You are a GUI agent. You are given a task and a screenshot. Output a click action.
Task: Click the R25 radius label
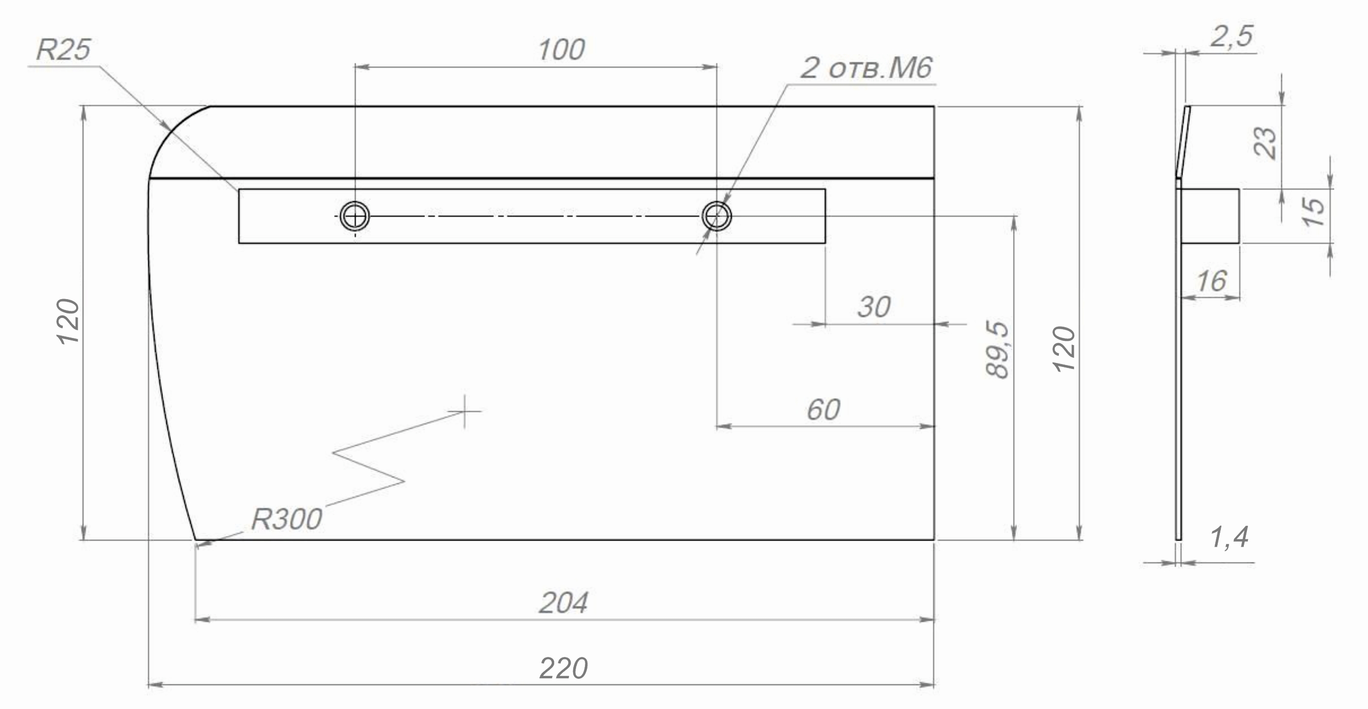point(63,50)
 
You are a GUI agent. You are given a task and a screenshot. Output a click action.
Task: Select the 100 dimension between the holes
point(561,50)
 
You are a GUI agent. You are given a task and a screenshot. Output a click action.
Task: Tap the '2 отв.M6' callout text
point(866,68)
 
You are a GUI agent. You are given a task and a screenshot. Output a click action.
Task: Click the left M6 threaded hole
point(355,216)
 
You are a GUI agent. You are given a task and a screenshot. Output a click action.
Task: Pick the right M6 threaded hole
point(717,216)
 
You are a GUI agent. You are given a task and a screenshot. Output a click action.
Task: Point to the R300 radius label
point(286,519)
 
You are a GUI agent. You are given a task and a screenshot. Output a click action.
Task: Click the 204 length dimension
point(563,603)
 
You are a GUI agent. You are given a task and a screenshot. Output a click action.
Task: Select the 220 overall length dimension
point(563,668)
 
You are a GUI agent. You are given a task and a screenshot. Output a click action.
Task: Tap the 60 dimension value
point(823,410)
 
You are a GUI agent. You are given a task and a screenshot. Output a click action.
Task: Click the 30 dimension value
point(874,307)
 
